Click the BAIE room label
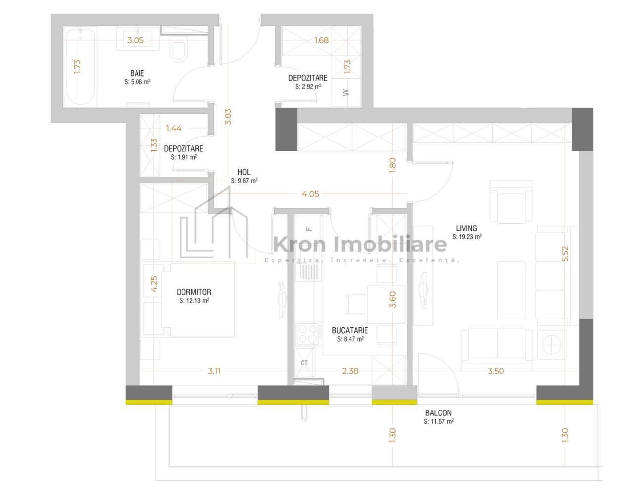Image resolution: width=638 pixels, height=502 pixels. (x=137, y=73)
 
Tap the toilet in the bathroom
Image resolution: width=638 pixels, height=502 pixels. (x=179, y=49)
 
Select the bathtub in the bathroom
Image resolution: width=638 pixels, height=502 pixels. (x=80, y=67)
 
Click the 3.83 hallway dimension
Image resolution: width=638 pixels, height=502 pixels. (x=228, y=117)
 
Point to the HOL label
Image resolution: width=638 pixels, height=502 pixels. (x=244, y=172)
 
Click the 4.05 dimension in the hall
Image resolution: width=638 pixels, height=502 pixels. (x=310, y=194)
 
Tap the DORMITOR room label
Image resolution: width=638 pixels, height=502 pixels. (x=194, y=292)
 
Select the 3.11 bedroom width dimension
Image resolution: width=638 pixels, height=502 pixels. (x=214, y=371)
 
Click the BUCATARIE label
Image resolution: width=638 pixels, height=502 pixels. (x=350, y=330)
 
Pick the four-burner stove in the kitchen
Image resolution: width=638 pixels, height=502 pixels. (x=308, y=334)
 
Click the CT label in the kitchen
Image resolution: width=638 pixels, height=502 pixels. (x=304, y=363)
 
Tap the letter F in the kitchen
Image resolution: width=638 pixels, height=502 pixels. (x=309, y=229)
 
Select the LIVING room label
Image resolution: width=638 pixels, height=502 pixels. (x=467, y=228)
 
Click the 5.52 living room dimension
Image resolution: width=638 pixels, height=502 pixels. (x=565, y=254)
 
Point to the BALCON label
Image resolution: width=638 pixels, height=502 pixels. (x=438, y=413)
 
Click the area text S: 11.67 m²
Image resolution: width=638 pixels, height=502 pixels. (x=439, y=422)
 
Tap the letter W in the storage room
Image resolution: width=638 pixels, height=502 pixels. (x=346, y=92)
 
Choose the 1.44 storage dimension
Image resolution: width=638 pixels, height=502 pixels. (x=174, y=128)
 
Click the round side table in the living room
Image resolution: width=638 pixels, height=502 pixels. (x=551, y=345)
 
